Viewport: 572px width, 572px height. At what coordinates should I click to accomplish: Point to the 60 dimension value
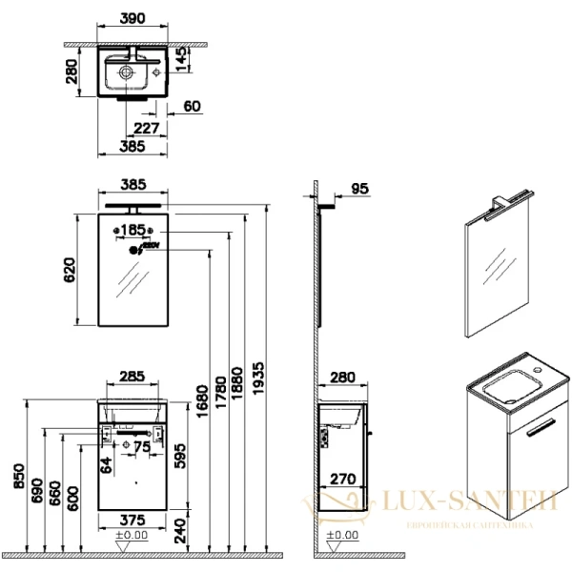click(192, 107)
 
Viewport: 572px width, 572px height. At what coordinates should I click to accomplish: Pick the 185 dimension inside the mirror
click(133, 230)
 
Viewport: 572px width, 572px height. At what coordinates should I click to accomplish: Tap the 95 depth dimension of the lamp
click(358, 190)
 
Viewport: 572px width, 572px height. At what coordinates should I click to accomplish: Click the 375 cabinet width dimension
click(133, 520)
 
